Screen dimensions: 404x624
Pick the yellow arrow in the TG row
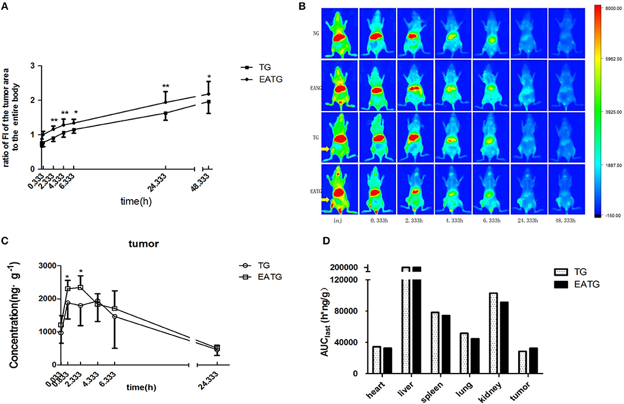coord(326,149)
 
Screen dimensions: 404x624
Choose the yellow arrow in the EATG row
coord(326,200)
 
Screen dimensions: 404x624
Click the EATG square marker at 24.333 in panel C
coord(217,348)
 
